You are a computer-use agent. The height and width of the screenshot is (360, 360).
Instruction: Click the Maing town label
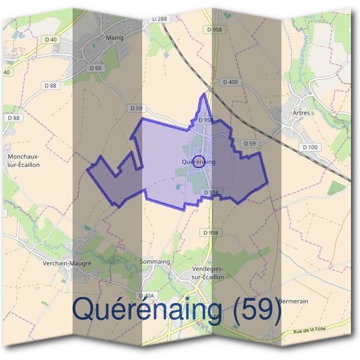(114, 38)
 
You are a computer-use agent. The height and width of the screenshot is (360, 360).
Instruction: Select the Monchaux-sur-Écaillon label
(23, 160)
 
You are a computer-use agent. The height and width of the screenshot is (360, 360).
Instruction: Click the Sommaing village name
(155, 262)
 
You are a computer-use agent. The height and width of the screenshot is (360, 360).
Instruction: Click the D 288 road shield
(159, 19)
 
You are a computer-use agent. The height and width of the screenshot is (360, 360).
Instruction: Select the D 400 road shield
(230, 82)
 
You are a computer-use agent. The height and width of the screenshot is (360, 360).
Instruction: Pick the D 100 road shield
(310, 147)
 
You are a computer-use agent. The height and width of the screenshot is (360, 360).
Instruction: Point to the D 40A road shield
(146, 296)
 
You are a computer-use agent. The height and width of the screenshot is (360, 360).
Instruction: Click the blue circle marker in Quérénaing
(201, 161)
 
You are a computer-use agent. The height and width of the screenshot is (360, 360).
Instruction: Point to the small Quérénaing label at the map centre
(197, 162)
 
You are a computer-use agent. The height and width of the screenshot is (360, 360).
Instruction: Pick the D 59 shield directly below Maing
(95, 68)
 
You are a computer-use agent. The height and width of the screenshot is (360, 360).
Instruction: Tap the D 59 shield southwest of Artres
(250, 144)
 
